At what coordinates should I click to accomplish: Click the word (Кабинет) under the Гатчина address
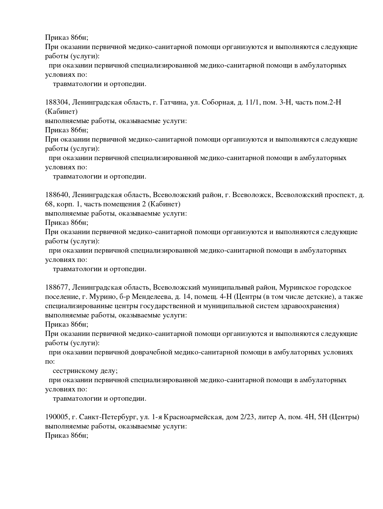coord(61,112)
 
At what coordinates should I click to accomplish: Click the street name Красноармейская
coord(193,417)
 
